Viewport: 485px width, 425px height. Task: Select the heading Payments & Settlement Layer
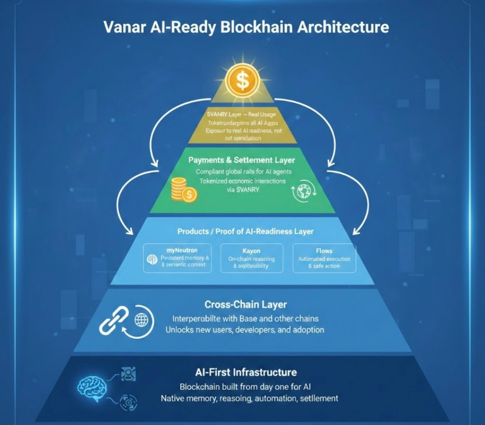tap(242, 159)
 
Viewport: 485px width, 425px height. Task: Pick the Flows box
tap(323, 258)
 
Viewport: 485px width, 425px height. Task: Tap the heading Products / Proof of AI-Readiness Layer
tap(242, 232)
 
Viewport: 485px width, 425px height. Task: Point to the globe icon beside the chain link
tap(141, 320)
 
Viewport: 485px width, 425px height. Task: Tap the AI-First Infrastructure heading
tap(245, 372)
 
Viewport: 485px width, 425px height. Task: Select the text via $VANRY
tap(241, 190)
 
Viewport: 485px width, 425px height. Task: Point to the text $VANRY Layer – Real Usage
tap(241, 114)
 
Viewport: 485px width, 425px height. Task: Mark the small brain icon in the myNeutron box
tap(150, 259)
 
